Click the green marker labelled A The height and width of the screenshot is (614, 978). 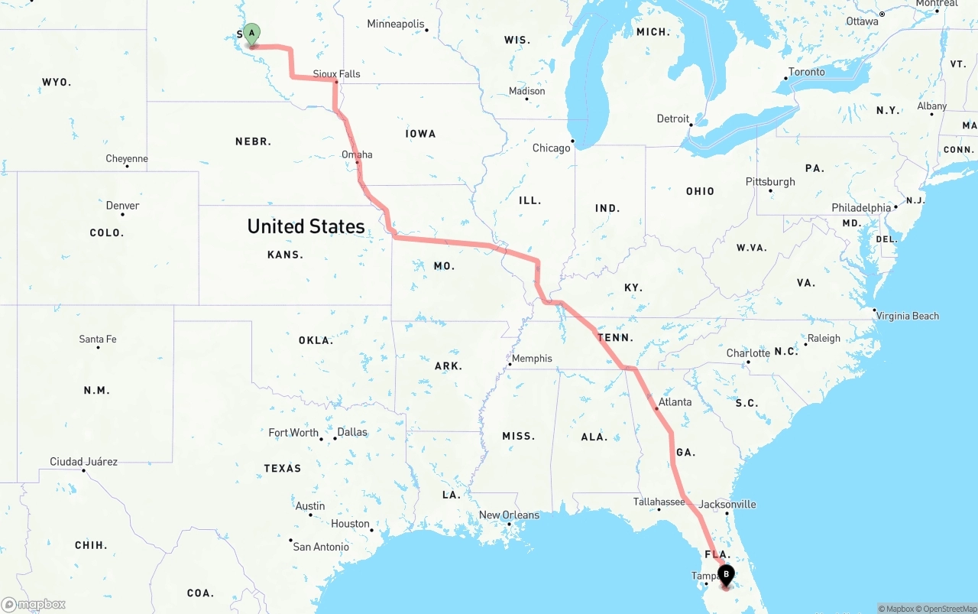pos(251,34)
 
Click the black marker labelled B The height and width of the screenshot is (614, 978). pos(725,575)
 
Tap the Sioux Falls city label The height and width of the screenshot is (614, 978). pos(337,73)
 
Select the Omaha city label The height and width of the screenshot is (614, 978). pos(357,154)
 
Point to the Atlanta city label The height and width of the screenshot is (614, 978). pos(675,401)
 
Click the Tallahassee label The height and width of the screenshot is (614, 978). pos(659,502)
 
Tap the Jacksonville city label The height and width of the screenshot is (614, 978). pos(727,504)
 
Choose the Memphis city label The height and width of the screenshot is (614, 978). pos(532,358)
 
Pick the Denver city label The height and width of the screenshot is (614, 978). pos(122,205)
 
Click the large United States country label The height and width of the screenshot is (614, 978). pos(306,226)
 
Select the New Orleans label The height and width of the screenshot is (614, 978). pos(509,515)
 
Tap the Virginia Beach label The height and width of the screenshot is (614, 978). pos(908,315)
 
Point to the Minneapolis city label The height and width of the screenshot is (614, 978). pos(396,24)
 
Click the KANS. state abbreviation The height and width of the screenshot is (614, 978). pos(285,255)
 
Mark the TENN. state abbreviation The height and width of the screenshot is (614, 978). pos(615,337)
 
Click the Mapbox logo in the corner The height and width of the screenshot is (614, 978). pos(34,604)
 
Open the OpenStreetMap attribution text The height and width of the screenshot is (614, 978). pos(949,609)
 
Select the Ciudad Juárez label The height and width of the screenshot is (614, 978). pos(83,461)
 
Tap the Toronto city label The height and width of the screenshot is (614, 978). pos(806,72)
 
